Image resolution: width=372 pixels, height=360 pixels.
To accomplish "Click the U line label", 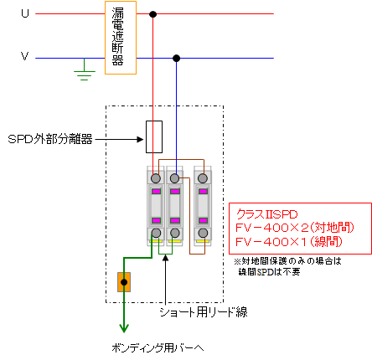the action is [25, 13].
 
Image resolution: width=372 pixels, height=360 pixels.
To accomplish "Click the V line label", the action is [25, 56].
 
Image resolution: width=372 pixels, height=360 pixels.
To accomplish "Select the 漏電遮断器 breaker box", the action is [121, 38].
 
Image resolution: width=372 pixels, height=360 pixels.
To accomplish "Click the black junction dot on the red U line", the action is [152, 14].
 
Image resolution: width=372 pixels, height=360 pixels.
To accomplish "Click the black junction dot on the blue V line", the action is [176, 58].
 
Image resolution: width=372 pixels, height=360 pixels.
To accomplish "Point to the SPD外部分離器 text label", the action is [50, 139].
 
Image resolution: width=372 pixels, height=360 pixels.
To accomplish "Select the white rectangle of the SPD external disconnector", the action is [154, 136].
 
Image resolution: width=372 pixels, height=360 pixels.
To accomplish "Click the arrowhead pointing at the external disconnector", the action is [140, 139].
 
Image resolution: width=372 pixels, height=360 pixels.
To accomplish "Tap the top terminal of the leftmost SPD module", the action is [156, 178].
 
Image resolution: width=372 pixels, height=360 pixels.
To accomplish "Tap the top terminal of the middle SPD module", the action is [175, 178].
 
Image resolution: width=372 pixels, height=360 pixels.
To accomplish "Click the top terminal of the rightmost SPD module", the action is [203, 178].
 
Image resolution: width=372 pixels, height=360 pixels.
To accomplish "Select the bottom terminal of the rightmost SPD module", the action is [203, 233].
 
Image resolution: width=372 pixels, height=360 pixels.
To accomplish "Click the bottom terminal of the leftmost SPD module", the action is [156, 233].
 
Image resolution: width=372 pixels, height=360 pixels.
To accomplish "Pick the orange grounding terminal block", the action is [124, 282].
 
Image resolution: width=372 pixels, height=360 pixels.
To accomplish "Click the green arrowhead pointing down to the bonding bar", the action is [124, 328].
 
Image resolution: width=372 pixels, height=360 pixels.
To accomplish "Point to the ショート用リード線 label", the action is [204, 312].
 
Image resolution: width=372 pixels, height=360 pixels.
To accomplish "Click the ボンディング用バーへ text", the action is [158, 347].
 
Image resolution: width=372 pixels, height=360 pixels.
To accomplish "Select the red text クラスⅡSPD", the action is [267, 214].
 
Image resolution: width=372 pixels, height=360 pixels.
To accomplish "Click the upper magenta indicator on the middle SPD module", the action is [175, 192].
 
